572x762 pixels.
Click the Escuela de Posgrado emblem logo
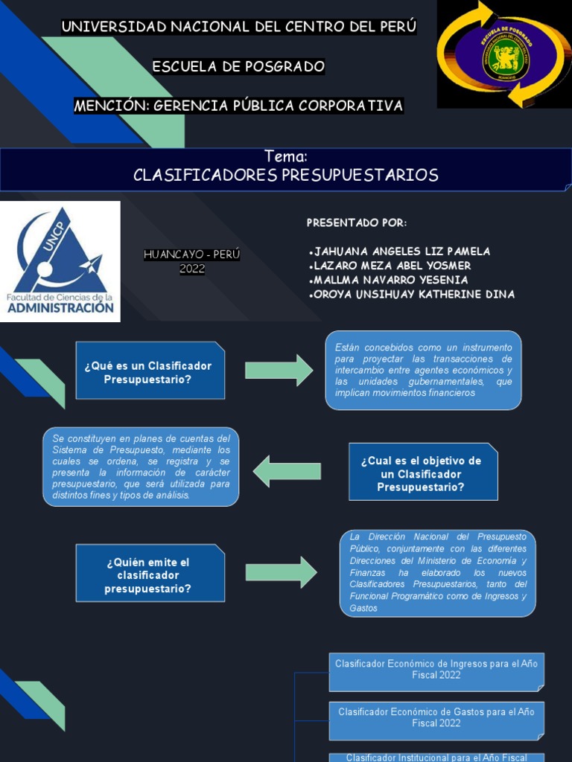[503, 54]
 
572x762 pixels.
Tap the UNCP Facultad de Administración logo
[60, 261]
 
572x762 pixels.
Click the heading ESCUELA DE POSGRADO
[238, 67]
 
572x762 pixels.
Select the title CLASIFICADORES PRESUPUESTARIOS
[286, 176]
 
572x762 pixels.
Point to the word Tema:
[286, 157]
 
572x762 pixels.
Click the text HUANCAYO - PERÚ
[192, 254]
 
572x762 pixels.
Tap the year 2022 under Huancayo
[192, 269]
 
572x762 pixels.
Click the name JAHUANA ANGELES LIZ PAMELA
[399, 252]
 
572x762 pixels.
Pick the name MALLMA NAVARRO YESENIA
[388, 280]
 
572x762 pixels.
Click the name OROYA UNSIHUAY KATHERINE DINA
[410, 295]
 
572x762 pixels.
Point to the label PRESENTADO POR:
[357, 223]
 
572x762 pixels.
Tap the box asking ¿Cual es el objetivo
[422, 474]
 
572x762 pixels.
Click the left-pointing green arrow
[287, 471]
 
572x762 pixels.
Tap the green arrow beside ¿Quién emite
[281, 572]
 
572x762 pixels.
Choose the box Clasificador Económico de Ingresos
[436, 669]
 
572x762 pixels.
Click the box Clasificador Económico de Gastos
[436, 717]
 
